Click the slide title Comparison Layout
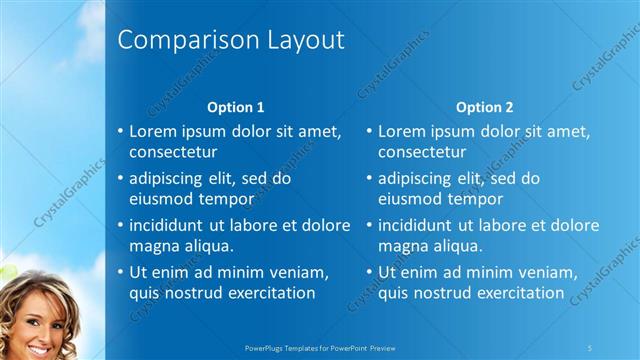coord(231,40)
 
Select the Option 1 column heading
coord(236,107)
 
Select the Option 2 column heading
coord(485,107)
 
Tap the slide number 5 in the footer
coord(590,347)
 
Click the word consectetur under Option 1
coord(173,153)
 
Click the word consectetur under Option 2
coord(422,153)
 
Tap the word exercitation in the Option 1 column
coord(271,293)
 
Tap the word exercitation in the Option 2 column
coord(520,293)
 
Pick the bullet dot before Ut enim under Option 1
coord(120,272)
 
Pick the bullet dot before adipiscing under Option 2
coord(369,179)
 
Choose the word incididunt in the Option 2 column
coord(418,225)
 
